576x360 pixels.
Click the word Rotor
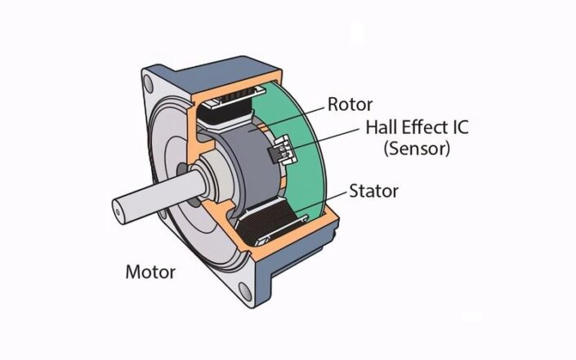[x=350, y=104]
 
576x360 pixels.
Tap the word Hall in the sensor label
[x=382, y=128]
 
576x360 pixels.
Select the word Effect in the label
[x=426, y=128]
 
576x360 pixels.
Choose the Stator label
[x=373, y=192]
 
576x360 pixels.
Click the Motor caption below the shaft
[x=150, y=272]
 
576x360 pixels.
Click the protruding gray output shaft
[x=147, y=200]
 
